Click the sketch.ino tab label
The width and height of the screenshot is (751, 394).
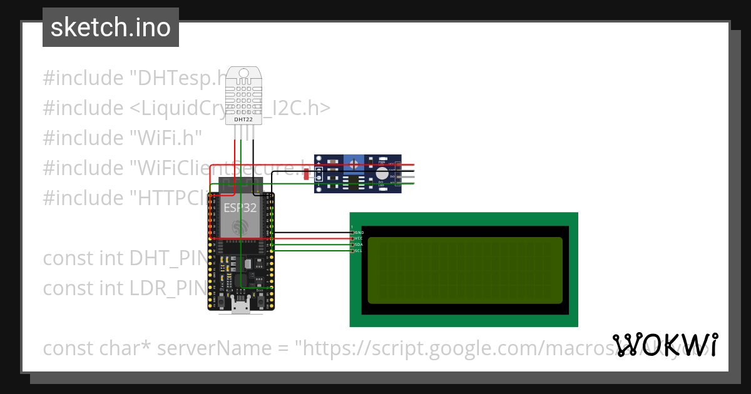click(x=111, y=28)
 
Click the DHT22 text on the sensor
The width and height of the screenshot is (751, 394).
click(x=243, y=119)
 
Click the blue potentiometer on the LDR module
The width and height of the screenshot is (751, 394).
click(x=354, y=164)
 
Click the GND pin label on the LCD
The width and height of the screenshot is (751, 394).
click(x=359, y=232)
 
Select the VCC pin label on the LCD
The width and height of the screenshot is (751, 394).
click(x=359, y=238)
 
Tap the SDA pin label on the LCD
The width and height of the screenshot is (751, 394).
click(x=359, y=245)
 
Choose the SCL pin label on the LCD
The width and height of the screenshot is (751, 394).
click(x=359, y=251)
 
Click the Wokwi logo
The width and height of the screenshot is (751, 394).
click(x=665, y=345)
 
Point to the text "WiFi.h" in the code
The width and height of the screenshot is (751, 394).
click(x=166, y=138)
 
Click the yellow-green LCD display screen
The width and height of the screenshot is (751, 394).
click(x=464, y=270)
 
